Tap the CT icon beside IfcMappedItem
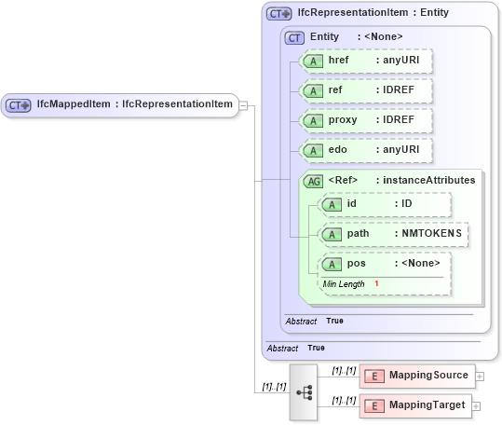[19, 105]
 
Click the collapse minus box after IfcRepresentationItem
[242, 104]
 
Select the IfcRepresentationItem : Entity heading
[374, 13]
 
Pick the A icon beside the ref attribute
[315, 91]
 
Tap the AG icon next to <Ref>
[314, 181]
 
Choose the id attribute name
[351, 203]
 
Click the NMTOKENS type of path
[427, 233]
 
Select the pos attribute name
[356, 263]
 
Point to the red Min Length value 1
[377, 282]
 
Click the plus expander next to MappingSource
[480, 376]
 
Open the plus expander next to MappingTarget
[481, 405]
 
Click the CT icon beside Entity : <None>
[295, 37]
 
